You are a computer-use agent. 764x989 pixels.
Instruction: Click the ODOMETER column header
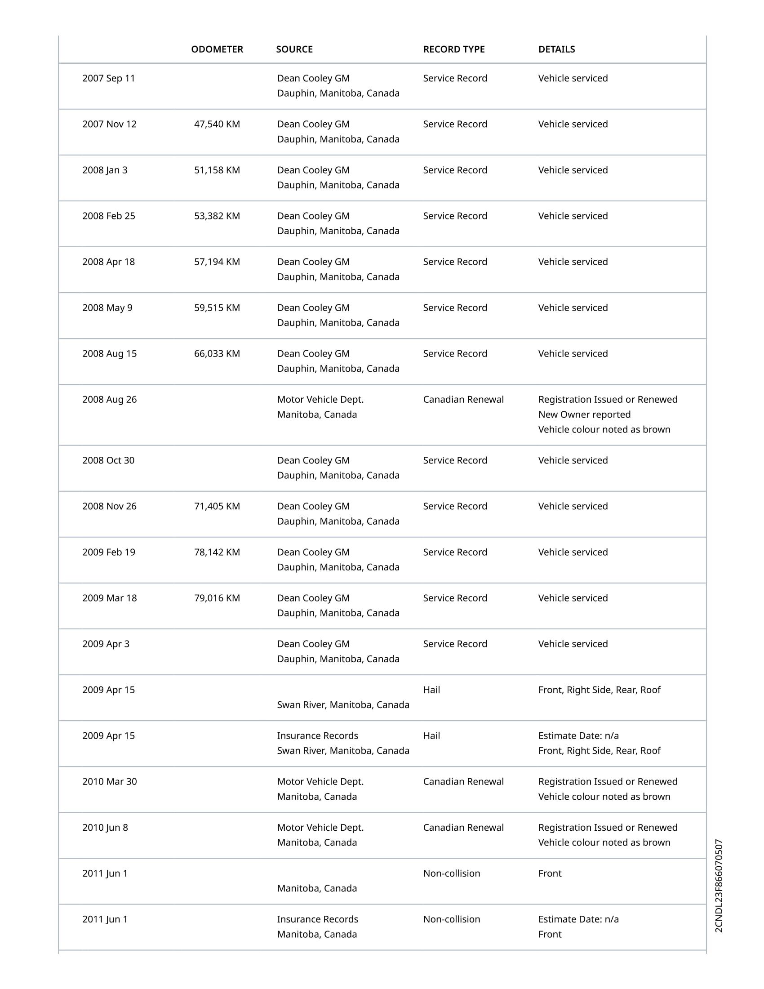point(217,49)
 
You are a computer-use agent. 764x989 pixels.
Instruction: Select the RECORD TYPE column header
point(453,49)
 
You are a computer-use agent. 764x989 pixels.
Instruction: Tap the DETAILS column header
point(556,49)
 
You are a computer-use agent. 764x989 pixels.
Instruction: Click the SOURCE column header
point(294,49)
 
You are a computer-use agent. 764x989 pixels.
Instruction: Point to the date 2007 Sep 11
point(109,78)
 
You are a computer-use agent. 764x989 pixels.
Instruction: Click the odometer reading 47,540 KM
point(217,124)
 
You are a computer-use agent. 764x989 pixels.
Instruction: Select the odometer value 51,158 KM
point(217,170)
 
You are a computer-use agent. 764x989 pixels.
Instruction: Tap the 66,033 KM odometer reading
point(217,354)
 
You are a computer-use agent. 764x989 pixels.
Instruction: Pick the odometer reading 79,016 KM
point(217,598)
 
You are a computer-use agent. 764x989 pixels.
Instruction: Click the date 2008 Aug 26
point(109,399)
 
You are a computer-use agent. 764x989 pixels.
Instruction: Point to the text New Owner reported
point(584,414)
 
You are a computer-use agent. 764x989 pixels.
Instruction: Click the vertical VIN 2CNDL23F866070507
point(719,886)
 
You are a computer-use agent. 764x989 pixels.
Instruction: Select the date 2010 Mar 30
point(109,782)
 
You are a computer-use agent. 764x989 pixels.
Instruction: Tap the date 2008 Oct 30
point(108,460)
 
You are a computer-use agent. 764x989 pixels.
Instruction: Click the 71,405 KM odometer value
point(217,506)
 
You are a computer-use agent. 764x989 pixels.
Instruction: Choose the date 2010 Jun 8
point(105,827)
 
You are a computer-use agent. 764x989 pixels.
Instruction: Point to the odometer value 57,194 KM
point(217,262)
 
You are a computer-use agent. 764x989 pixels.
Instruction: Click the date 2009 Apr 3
point(106,644)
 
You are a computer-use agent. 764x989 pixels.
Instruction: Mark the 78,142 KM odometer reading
point(217,552)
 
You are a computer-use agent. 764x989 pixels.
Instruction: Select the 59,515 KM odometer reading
point(217,308)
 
